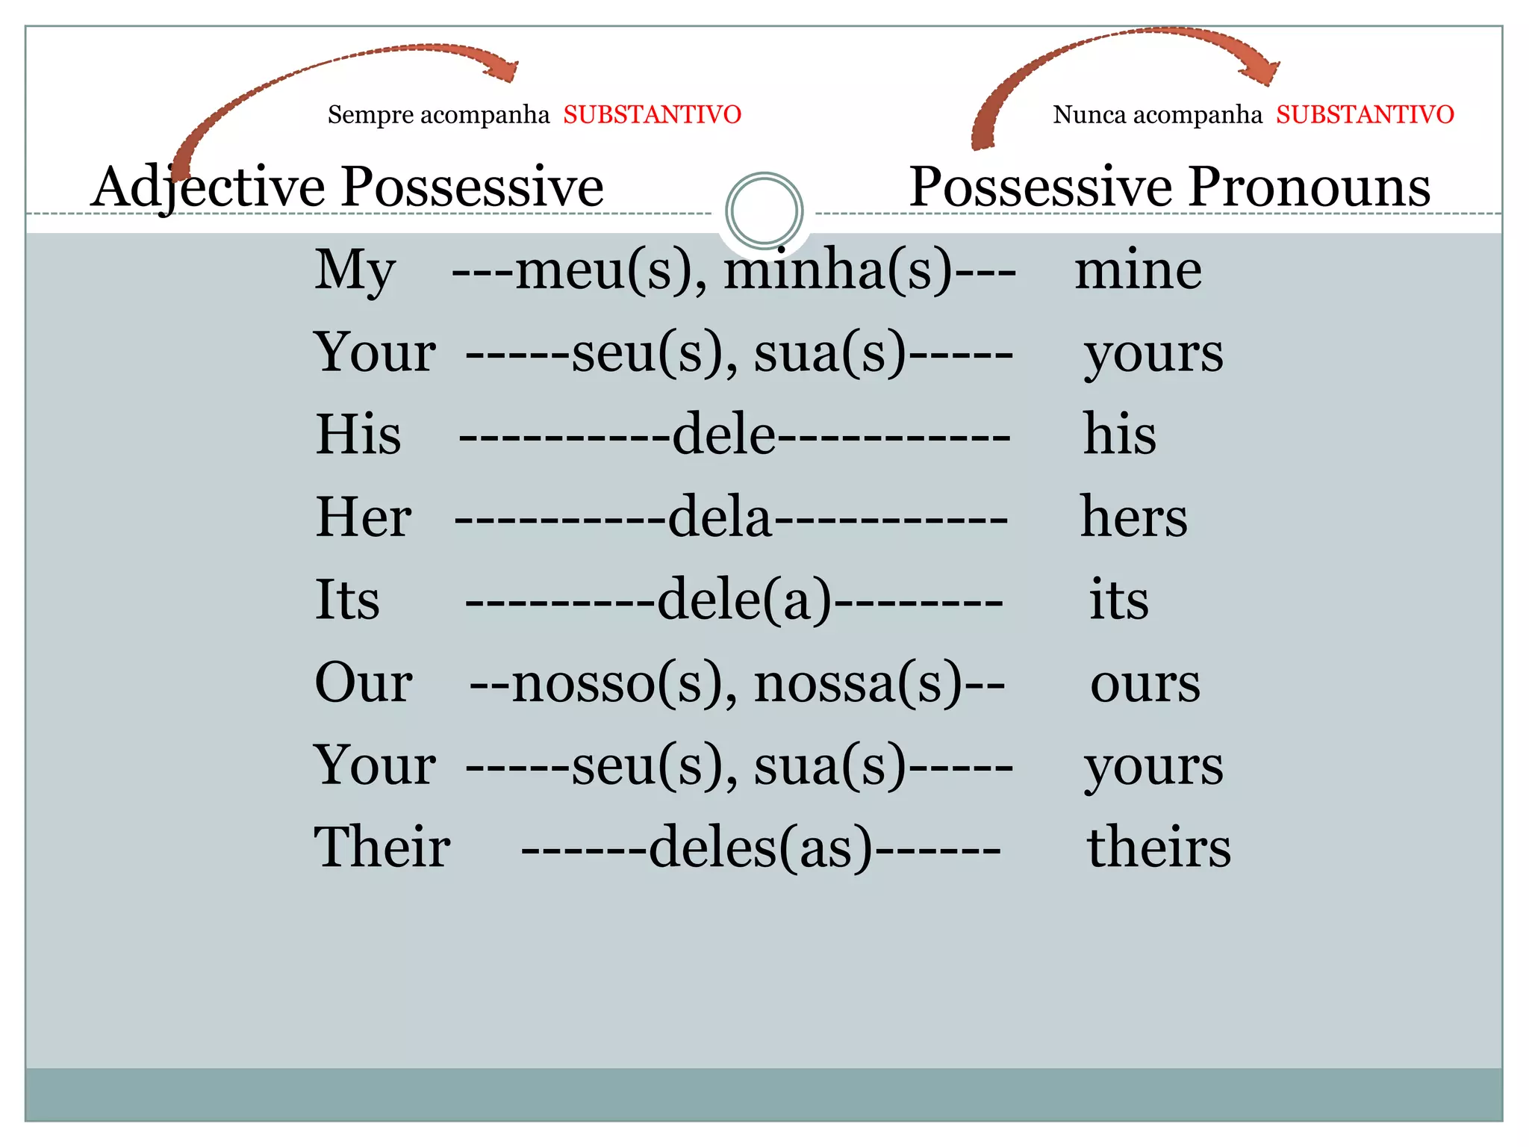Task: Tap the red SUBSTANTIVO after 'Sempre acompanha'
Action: pos(652,115)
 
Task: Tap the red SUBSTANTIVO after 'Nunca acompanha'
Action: pos(1365,115)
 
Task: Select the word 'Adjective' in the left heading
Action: pos(208,187)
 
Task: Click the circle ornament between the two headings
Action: pos(764,211)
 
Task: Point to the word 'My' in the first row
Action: pos(355,270)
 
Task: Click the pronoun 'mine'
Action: pos(1138,270)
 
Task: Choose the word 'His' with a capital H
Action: pos(358,435)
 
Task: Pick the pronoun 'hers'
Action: pos(1133,517)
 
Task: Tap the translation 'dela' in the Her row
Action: pos(719,517)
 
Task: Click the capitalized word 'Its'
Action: pos(347,600)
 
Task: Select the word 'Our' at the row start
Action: pos(364,683)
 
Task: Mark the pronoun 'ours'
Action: pos(1145,683)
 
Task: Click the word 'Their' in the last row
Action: pos(382,848)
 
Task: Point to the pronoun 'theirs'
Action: pos(1158,848)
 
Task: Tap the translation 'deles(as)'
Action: pos(760,848)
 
